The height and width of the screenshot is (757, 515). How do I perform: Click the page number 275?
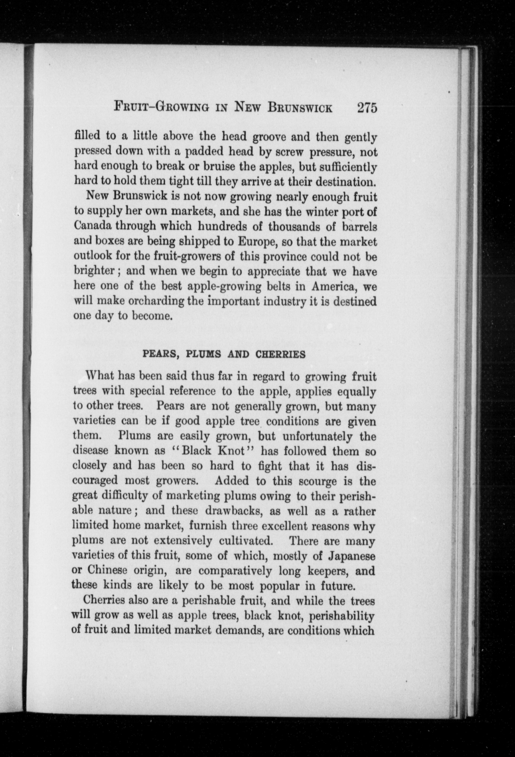point(367,107)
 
